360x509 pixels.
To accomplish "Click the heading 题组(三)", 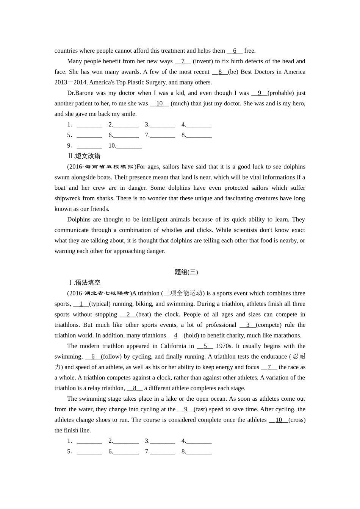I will [x=186, y=272].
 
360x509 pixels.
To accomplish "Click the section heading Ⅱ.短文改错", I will [x=84, y=156].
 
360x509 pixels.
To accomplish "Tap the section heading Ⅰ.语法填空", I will [x=84, y=283].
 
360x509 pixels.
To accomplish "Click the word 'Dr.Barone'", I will [x=80, y=93].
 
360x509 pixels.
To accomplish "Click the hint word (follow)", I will [x=111, y=357].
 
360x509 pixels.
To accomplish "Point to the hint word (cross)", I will [x=297, y=420].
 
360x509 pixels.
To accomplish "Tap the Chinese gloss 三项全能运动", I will [x=183, y=293].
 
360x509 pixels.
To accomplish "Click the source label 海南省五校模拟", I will [x=109, y=167].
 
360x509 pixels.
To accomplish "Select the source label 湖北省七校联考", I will [x=106, y=293].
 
